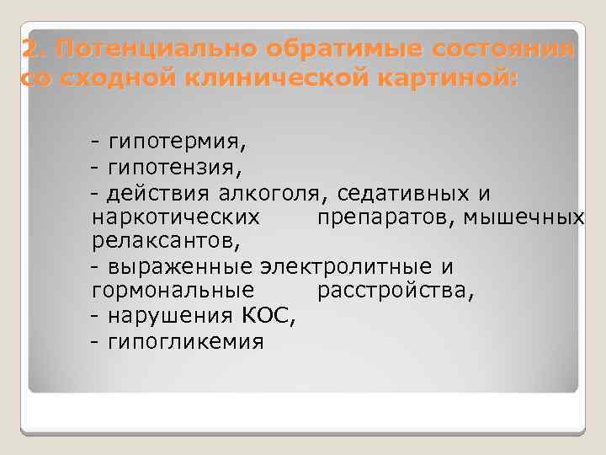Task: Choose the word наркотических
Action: tap(174, 218)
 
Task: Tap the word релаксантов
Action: tap(163, 243)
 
